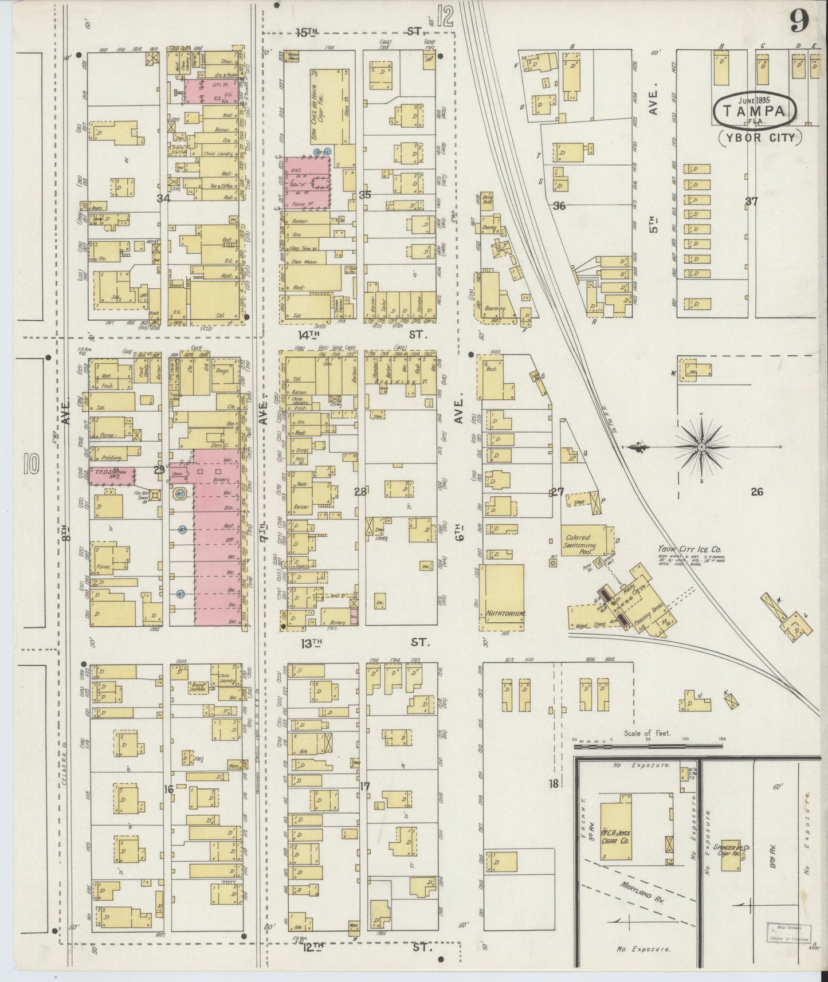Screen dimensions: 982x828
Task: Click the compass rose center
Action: (x=700, y=446)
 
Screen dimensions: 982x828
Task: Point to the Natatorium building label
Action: (x=501, y=614)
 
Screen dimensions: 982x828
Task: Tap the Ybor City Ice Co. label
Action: (x=685, y=548)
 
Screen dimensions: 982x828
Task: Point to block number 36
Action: (x=559, y=206)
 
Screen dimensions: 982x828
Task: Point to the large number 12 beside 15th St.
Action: (x=444, y=17)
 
